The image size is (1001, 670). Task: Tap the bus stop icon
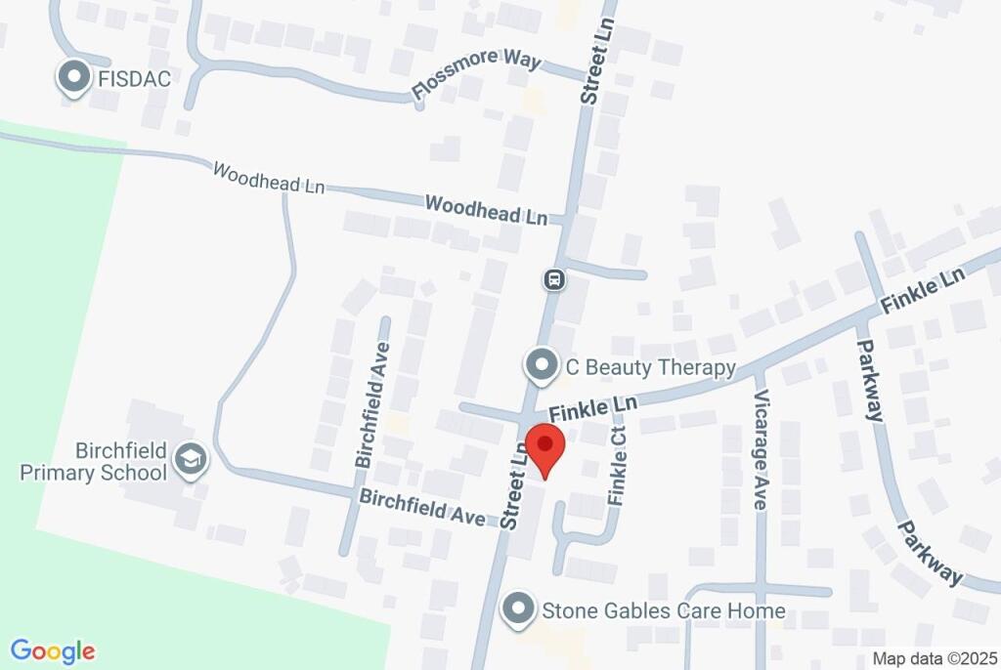(x=554, y=280)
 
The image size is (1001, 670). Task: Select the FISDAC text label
(x=133, y=79)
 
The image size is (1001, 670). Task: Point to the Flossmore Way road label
(x=477, y=74)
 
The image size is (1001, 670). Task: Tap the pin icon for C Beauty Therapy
(x=540, y=366)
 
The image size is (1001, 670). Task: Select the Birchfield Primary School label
(x=94, y=462)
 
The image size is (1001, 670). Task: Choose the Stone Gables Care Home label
(x=663, y=611)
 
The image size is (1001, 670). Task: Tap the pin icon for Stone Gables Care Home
(x=517, y=610)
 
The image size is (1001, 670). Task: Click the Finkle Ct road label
(x=617, y=469)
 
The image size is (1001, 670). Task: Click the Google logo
(x=53, y=651)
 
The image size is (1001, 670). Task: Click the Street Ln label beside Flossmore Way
(x=597, y=61)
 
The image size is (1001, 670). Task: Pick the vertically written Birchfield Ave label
(x=373, y=403)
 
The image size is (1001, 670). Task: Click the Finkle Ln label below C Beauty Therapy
(x=592, y=406)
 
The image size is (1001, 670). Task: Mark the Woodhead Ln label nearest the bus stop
(x=486, y=211)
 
